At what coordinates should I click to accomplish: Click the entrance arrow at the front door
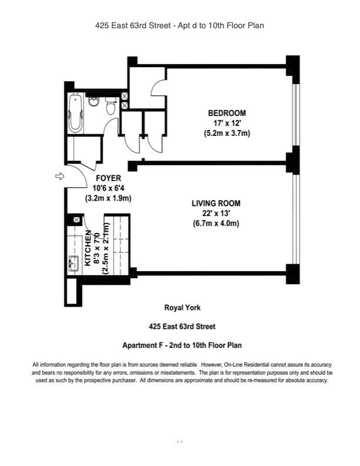(59, 176)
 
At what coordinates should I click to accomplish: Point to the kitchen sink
(74, 264)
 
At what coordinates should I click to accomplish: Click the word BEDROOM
(226, 113)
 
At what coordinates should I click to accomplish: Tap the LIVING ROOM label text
(216, 204)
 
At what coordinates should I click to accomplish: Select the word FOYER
(108, 178)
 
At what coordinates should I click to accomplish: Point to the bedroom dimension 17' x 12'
(226, 123)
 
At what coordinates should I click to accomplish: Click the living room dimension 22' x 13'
(216, 214)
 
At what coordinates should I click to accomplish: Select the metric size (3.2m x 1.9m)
(108, 198)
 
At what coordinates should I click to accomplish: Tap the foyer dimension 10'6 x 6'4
(108, 188)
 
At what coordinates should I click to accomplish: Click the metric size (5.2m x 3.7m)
(226, 134)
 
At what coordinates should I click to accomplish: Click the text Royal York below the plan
(182, 307)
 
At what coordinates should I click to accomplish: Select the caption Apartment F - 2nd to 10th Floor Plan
(182, 345)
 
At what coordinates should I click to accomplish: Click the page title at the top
(180, 25)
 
